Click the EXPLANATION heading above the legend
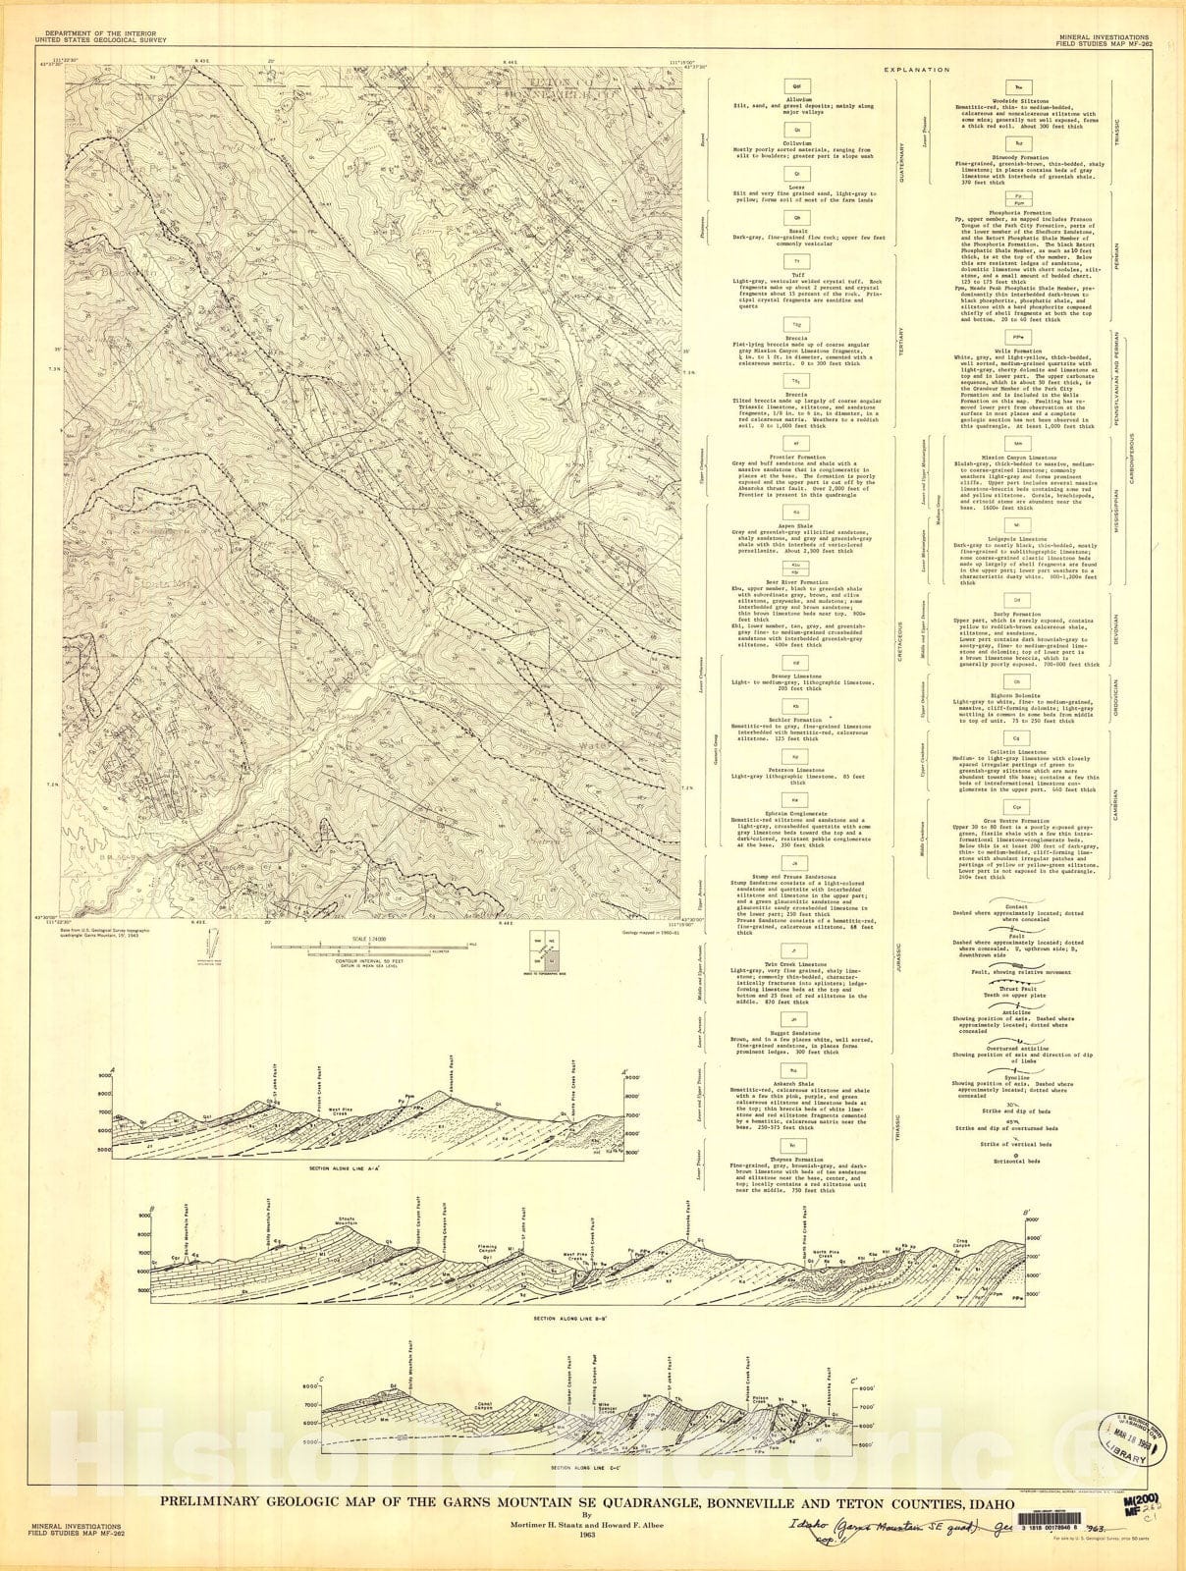pyautogui.click(x=916, y=70)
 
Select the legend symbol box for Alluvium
pyautogui.click(x=797, y=88)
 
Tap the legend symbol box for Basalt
pyautogui.click(x=797, y=217)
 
